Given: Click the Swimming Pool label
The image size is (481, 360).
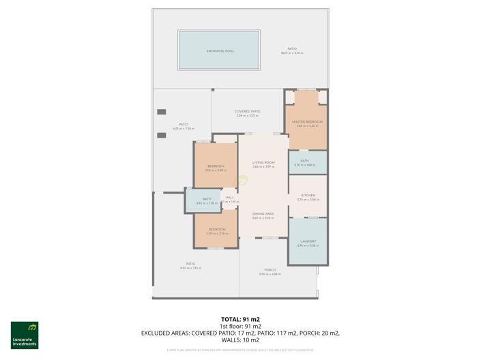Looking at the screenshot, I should tap(218, 51).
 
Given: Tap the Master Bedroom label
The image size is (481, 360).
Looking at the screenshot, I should tap(308, 121).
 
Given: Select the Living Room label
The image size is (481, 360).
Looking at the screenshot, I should tap(263, 162).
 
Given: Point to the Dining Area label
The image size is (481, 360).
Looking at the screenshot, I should tap(263, 214).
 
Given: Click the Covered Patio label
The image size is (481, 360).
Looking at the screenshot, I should tap(247, 111).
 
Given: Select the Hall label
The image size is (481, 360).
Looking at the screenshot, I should tap(230, 198).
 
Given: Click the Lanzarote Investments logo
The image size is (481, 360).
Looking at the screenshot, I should tap(25, 335).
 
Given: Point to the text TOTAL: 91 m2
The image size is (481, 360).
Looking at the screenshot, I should tap(240, 319).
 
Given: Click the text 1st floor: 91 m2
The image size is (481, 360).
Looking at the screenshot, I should tap(240, 326).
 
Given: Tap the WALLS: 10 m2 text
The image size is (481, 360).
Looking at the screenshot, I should tap(240, 340).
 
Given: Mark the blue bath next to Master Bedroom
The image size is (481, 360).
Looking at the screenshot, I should tap(308, 162).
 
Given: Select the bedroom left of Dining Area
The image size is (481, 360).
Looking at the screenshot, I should tap(217, 230).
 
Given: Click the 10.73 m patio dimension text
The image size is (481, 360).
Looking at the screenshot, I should tap(292, 52).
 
